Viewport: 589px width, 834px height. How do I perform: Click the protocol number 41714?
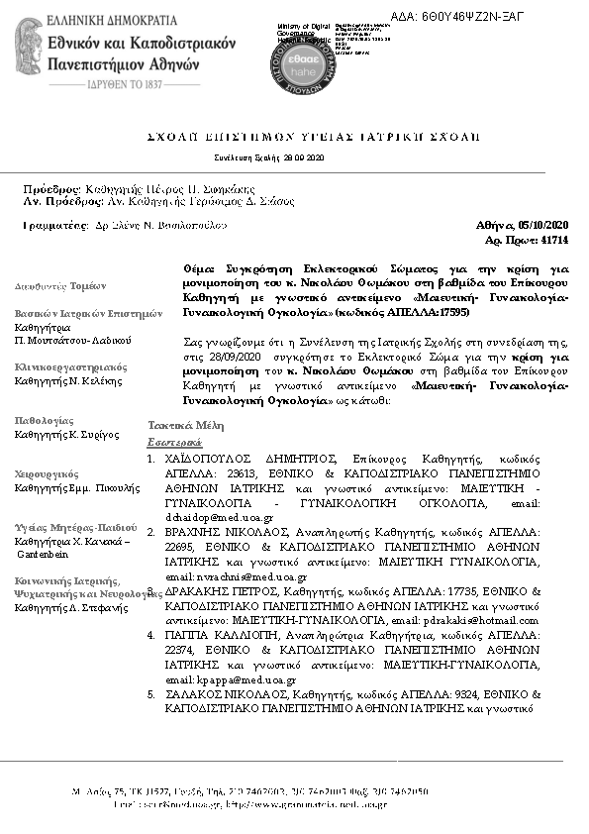554,240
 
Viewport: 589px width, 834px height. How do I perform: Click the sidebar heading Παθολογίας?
44,422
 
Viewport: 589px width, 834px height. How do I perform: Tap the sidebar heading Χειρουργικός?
46,474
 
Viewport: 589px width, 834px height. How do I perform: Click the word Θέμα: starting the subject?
202,268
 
